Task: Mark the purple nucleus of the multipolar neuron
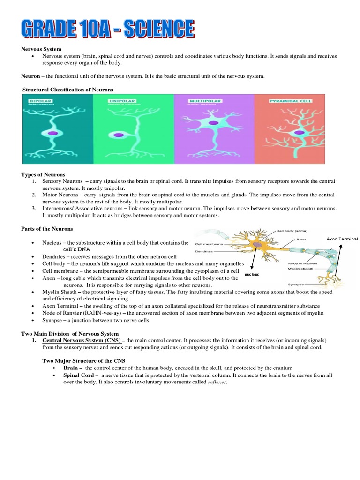tap(213, 123)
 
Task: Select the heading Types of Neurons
tap(43, 174)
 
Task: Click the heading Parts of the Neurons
tap(47, 228)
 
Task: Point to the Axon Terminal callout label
tap(342, 239)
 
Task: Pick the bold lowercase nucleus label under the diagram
tap(252, 274)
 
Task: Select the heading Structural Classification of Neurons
tap(67, 89)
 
